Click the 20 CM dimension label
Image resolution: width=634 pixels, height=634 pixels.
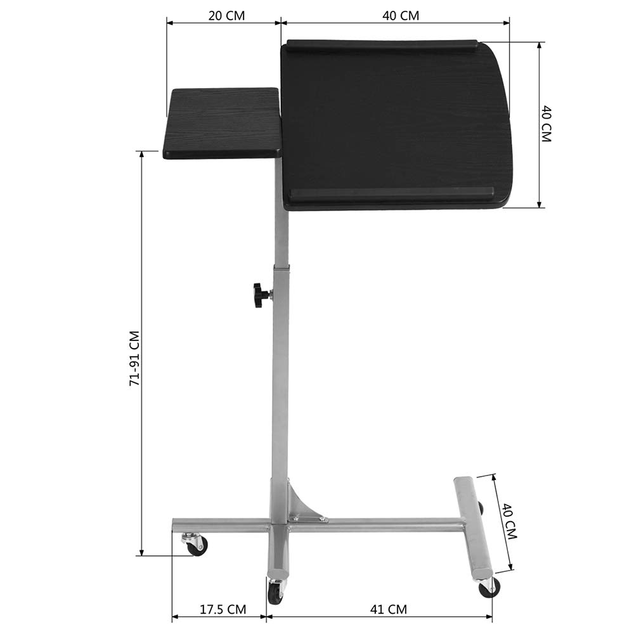pyautogui.click(x=226, y=15)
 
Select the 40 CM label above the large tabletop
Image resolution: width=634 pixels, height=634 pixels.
pyautogui.click(x=401, y=15)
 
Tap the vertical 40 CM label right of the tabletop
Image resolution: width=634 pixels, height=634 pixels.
pyautogui.click(x=546, y=124)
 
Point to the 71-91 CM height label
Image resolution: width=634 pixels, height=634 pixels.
pyautogui.click(x=134, y=358)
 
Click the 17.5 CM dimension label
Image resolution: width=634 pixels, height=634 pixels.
pyautogui.click(x=223, y=610)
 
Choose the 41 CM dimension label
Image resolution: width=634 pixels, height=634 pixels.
pyautogui.click(x=388, y=610)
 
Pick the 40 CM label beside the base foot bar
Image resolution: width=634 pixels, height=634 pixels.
pyautogui.click(x=509, y=521)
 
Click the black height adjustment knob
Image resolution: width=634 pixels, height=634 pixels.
pyautogui.click(x=259, y=295)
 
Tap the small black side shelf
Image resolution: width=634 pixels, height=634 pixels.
pyautogui.click(x=223, y=123)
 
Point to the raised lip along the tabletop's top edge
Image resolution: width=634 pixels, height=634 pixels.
pyautogui.click(x=382, y=45)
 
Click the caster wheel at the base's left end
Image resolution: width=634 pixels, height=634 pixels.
pyautogui.click(x=195, y=544)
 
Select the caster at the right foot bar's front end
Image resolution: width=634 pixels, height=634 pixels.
pyautogui.click(x=488, y=587)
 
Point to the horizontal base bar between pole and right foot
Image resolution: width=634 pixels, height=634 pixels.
pyautogui.click(x=380, y=526)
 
